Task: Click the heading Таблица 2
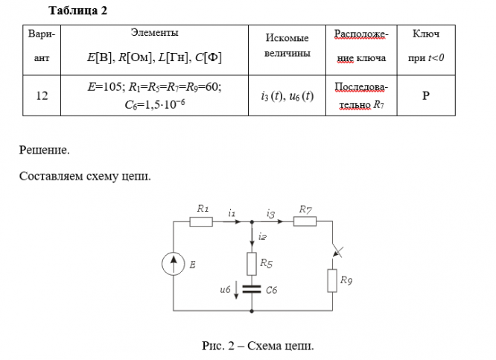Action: tap(77, 10)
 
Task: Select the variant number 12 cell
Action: tap(42, 95)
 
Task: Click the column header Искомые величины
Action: tap(287, 45)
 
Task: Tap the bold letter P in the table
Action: tap(426, 95)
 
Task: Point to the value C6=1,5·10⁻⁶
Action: tap(155, 104)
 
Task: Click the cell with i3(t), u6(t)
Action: tap(287, 96)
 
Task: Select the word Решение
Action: tap(44, 150)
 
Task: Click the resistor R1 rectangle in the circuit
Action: tap(201, 221)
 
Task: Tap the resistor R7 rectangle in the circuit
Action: tap(305, 221)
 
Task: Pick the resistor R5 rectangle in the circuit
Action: tap(252, 264)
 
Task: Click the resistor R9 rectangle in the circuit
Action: tap(332, 280)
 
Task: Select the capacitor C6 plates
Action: tap(252, 289)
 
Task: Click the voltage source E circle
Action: tap(174, 264)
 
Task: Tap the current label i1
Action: tap(232, 214)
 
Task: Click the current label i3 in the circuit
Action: tap(270, 214)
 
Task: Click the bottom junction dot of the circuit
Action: tap(252, 312)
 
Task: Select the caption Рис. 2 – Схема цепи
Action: tap(258, 345)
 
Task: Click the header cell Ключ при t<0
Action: tap(426, 46)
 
